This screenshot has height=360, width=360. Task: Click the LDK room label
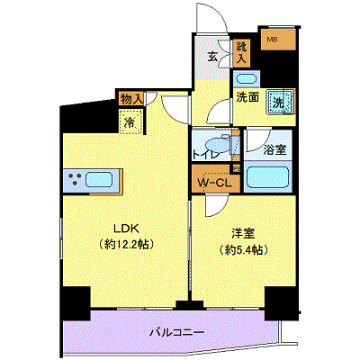[x=126, y=229]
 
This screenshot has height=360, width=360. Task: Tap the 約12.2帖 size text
[x=126, y=245]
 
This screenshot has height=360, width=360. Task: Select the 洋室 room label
[x=243, y=234]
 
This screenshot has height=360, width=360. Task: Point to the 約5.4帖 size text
[x=243, y=249]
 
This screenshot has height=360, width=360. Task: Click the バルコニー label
[x=177, y=332]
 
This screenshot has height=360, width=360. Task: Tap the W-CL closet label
[x=215, y=183]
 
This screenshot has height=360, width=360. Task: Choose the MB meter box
[x=278, y=40]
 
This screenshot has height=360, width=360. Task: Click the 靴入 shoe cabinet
[x=241, y=53]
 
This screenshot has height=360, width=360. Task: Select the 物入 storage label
[x=131, y=99]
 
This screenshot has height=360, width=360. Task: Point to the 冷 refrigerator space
[x=130, y=121]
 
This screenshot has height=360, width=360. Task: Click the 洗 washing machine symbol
[x=280, y=102]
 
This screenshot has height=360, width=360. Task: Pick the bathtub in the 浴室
[x=267, y=176]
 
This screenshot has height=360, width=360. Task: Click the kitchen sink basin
[x=99, y=180]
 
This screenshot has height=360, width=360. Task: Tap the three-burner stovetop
[x=74, y=179]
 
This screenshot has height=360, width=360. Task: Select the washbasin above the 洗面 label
[x=247, y=79]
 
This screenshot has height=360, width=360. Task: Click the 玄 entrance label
[x=212, y=57]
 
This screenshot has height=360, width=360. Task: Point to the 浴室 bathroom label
[x=274, y=149]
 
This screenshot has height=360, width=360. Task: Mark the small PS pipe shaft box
[x=237, y=168]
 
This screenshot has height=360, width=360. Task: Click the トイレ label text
[x=205, y=155]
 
